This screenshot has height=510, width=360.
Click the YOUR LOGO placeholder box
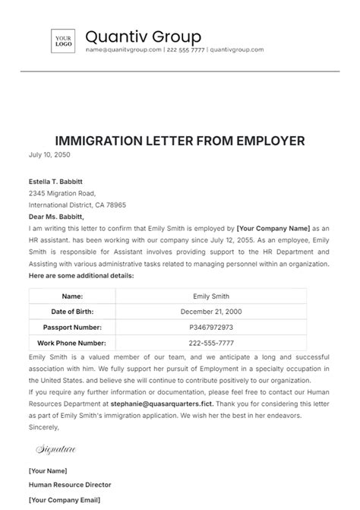tap(64, 42)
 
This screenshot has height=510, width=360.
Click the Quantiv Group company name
tap(143, 36)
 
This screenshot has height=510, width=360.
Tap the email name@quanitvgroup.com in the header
tap(124, 50)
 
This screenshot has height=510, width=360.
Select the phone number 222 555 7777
tap(186, 50)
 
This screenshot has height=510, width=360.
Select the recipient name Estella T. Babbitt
tap(56, 181)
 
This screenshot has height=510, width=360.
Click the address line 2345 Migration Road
tap(65, 193)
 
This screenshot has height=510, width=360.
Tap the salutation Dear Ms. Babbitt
tap(59, 217)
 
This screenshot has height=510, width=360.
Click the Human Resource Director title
tap(70, 484)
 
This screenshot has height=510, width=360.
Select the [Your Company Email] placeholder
tap(65, 499)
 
